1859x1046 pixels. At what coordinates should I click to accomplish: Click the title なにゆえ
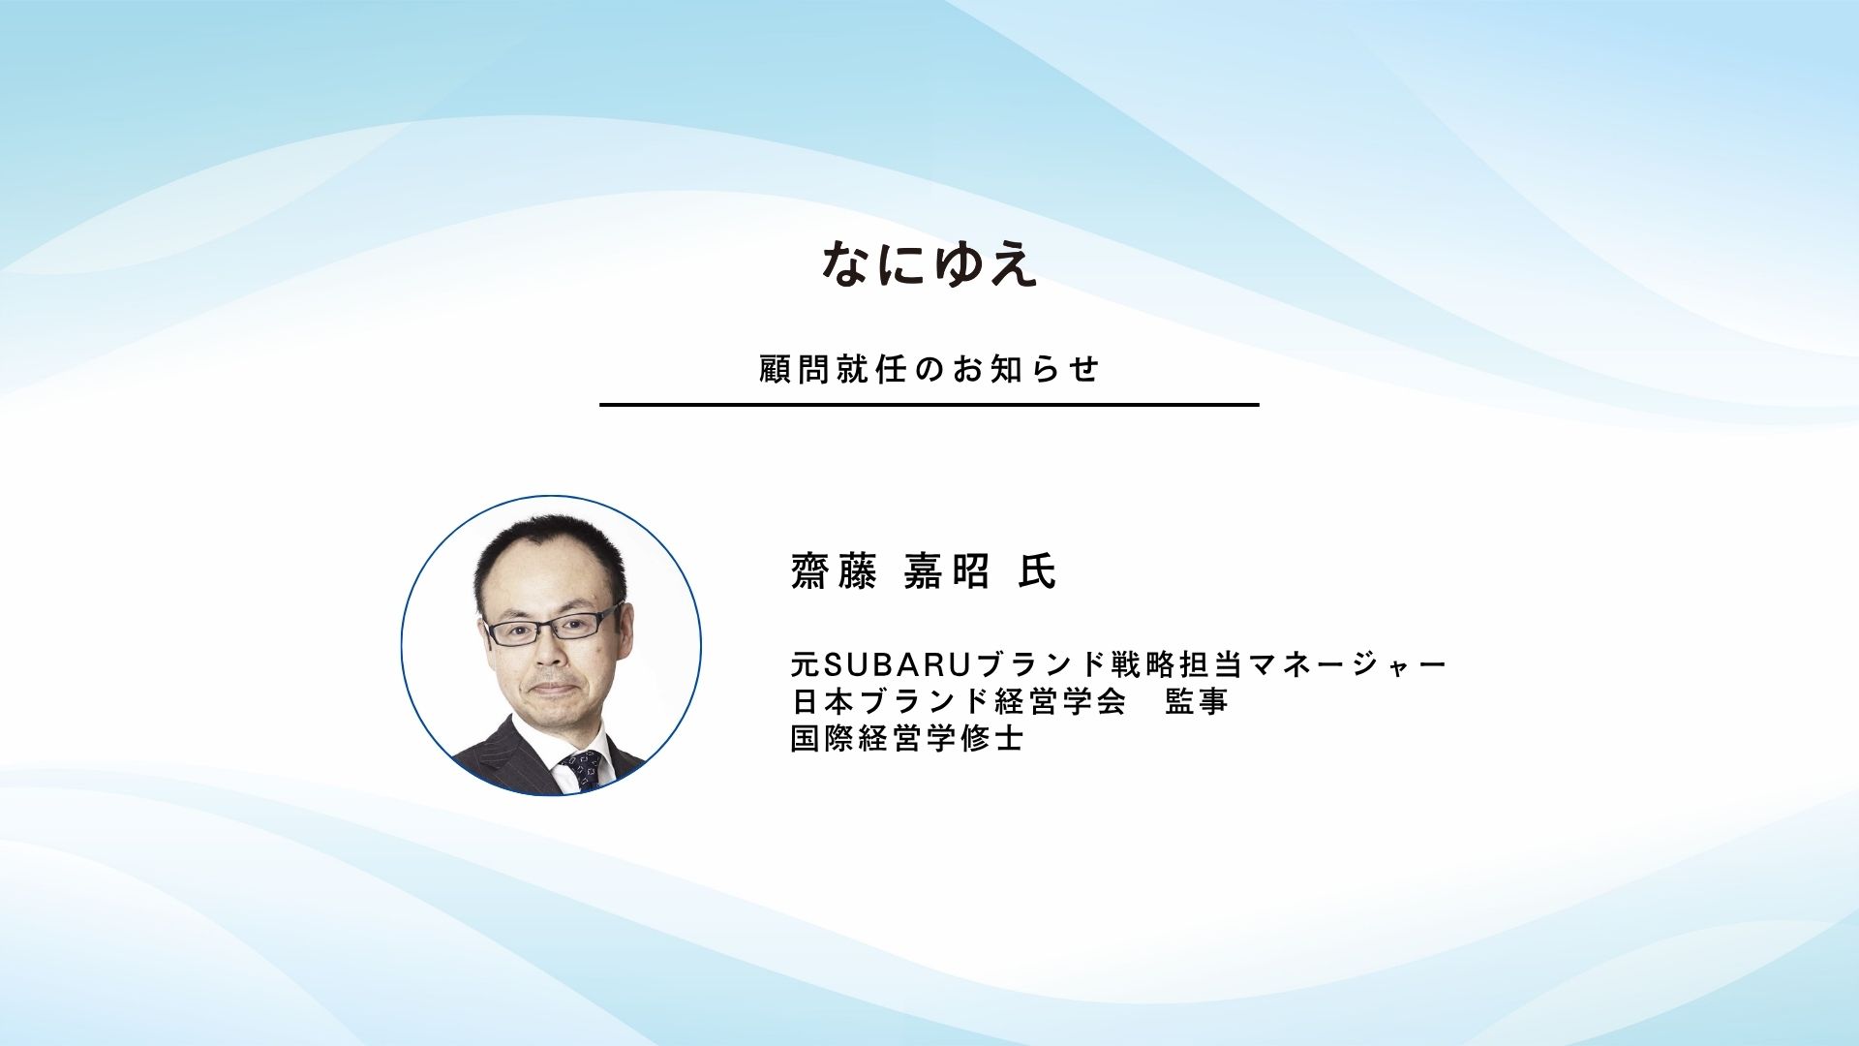(x=929, y=264)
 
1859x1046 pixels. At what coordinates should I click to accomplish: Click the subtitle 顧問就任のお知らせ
(x=929, y=369)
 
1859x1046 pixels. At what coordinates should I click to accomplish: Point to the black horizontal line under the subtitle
(x=929, y=404)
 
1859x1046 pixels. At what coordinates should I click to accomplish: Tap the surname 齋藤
(x=834, y=570)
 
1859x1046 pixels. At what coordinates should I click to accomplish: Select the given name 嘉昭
(x=946, y=570)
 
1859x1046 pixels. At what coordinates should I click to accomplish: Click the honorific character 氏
(x=1036, y=570)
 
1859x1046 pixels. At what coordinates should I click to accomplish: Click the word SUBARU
(x=898, y=664)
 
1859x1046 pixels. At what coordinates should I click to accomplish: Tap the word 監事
(x=1197, y=700)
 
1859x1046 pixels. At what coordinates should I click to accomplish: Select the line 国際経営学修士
(x=907, y=738)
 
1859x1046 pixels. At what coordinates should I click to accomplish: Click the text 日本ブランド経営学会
(x=959, y=700)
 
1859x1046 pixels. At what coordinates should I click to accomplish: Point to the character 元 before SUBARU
(x=806, y=664)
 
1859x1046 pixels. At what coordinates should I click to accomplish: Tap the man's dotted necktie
(x=582, y=769)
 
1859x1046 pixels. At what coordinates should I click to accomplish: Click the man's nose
(x=550, y=652)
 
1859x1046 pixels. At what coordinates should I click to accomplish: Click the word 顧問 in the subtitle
(x=795, y=369)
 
